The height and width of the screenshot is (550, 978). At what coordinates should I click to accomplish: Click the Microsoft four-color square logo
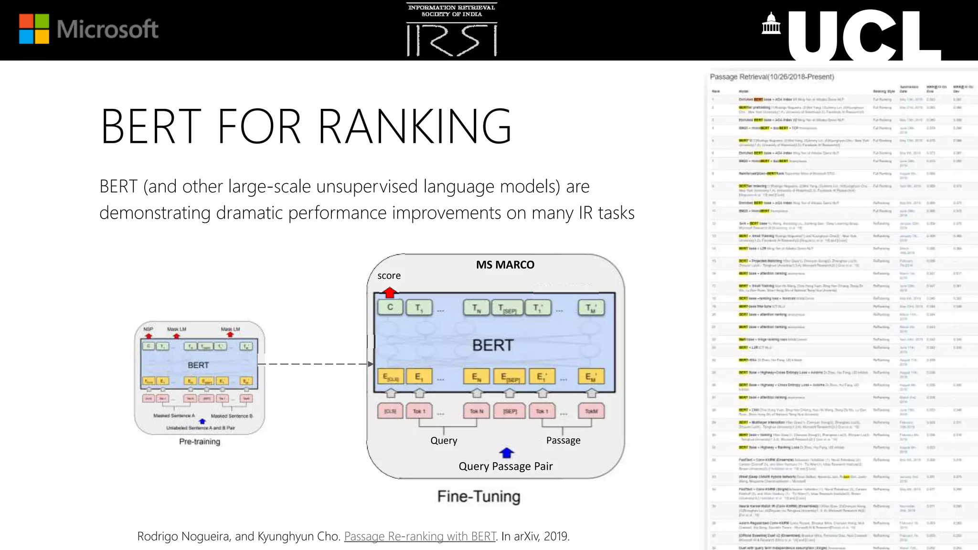[34, 29]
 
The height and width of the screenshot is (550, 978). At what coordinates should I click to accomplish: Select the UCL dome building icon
[771, 24]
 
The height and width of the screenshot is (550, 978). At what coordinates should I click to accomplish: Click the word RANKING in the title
[415, 126]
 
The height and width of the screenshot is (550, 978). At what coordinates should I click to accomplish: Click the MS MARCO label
[505, 264]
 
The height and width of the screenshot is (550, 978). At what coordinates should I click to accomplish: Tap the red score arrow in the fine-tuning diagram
[390, 292]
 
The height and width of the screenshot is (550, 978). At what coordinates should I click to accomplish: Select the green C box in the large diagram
[390, 307]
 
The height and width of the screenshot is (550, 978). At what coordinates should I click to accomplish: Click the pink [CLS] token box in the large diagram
[390, 411]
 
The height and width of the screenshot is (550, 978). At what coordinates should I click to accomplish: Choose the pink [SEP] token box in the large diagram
[510, 411]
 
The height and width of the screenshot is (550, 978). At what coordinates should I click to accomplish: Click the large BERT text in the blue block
[492, 345]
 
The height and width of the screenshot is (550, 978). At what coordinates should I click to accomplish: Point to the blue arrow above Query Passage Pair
[506, 452]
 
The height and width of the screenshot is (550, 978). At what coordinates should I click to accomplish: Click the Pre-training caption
[200, 442]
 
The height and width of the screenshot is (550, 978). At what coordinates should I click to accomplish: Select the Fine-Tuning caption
[478, 497]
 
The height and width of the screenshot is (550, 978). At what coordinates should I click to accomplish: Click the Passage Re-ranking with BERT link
[420, 536]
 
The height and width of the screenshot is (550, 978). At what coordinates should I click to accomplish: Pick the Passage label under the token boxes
[563, 440]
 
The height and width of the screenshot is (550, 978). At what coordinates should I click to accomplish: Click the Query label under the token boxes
[444, 440]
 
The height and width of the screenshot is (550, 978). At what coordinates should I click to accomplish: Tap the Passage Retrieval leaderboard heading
[772, 77]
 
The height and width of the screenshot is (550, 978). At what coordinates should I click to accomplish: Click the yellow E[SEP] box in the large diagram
[510, 377]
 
